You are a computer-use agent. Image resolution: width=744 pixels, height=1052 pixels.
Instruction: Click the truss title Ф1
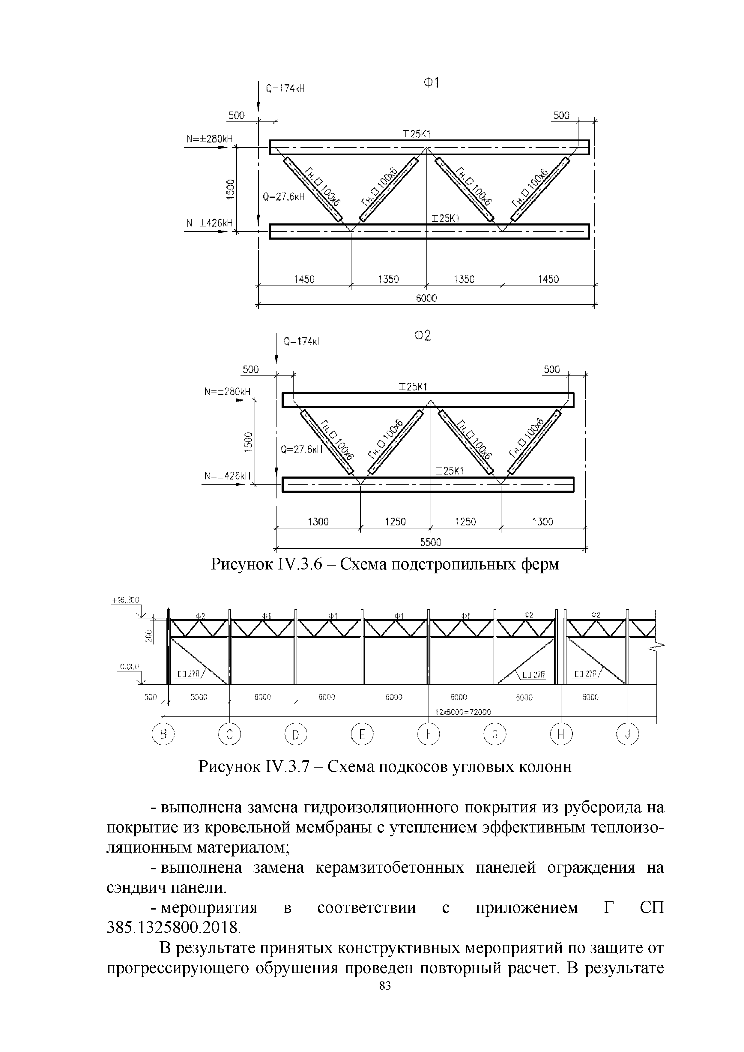point(431,83)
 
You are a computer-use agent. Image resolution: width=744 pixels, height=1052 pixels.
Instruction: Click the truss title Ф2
point(423,336)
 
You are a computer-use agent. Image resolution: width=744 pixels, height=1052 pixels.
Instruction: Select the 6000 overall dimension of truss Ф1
point(426,298)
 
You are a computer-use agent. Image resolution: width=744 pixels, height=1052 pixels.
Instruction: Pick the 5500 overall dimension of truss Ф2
point(431,542)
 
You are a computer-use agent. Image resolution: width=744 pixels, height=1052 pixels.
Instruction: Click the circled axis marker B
point(163,735)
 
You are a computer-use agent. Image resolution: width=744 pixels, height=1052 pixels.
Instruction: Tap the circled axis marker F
point(428,734)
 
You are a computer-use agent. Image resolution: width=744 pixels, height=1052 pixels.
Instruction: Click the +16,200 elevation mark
point(125,600)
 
